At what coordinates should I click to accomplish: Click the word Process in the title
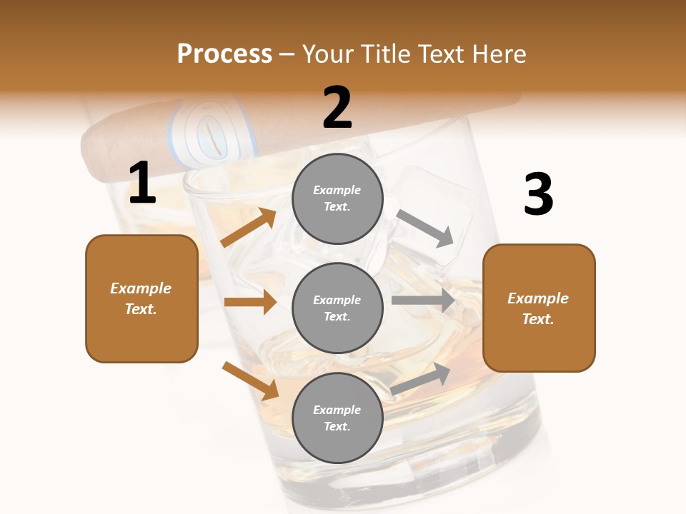tap(224, 54)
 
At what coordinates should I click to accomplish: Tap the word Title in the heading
tap(385, 54)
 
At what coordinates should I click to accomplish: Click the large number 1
tap(142, 183)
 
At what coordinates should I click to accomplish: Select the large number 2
tap(337, 108)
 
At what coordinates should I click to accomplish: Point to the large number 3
tap(538, 195)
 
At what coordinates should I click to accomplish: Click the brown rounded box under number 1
tap(141, 298)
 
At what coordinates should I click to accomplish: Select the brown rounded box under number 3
tap(539, 308)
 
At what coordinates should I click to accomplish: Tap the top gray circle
tap(337, 198)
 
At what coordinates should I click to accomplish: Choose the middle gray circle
tap(337, 308)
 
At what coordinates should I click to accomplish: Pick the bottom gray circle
tap(337, 418)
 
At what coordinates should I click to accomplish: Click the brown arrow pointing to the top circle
tap(249, 228)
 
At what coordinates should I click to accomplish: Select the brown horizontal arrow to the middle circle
tap(250, 302)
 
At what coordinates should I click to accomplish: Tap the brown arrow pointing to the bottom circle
tap(250, 381)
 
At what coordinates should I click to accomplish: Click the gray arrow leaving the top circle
tap(426, 228)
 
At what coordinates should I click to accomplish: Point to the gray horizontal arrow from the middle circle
tap(423, 300)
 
